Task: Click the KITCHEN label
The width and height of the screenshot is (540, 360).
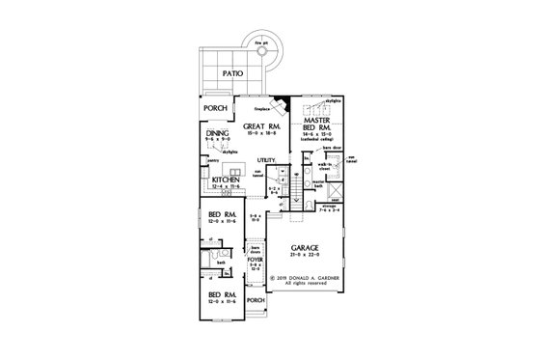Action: (226, 180)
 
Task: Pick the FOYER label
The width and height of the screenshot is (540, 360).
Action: (256, 259)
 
